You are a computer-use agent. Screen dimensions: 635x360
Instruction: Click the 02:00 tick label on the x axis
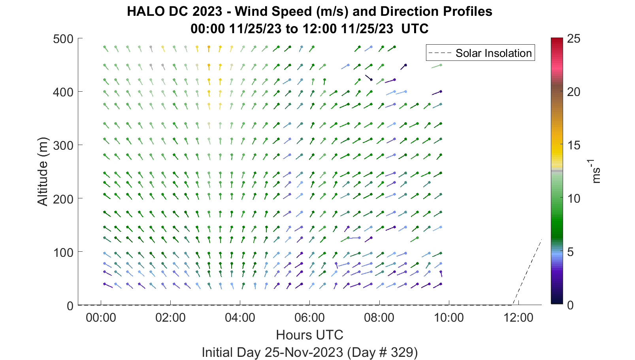(170, 317)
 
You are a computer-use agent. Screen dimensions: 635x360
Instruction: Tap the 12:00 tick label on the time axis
(518, 317)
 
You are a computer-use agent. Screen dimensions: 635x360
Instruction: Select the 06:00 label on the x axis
(309, 317)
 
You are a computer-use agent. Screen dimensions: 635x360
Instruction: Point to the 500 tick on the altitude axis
(63, 39)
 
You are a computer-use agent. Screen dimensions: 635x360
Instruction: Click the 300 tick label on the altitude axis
(63, 145)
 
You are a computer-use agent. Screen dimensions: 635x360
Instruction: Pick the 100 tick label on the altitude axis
(63, 252)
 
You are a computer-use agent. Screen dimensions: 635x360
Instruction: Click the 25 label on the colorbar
(574, 39)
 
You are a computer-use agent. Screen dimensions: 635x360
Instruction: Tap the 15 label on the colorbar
(574, 145)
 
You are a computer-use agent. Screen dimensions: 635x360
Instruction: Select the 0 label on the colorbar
(570, 305)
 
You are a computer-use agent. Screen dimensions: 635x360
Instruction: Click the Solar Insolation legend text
(494, 53)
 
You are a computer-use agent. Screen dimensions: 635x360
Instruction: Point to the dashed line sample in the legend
(440, 53)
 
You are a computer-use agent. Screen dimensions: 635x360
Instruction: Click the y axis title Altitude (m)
(43, 171)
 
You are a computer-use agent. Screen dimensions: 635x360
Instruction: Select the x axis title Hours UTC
(309, 335)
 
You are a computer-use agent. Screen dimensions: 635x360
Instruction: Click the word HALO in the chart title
(146, 11)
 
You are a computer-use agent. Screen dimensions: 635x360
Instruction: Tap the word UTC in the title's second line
(415, 29)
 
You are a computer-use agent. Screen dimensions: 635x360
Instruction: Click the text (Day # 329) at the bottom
(383, 352)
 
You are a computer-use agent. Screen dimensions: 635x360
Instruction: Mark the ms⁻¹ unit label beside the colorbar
(596, 171)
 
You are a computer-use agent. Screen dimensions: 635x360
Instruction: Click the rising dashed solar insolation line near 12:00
(527, 272)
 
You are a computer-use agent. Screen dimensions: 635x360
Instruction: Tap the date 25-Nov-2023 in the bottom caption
(304, 352)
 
